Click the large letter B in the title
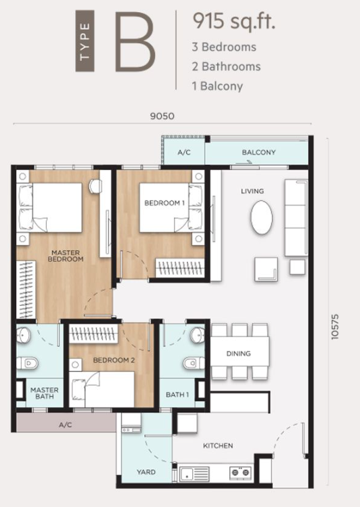point(135,42)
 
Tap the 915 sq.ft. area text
point(234,21)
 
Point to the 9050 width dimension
point(162,116)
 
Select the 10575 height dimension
point(334,327)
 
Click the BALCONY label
point(258,152)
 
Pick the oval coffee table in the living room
point(261,217)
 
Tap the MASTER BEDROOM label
point(66,256)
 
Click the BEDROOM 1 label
point(164,203)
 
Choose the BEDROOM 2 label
point(114,360)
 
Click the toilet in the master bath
point(28,363)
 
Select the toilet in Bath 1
point(194,363)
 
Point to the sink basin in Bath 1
point(197,335)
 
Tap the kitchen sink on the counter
point(194,474)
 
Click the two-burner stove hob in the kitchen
point(240,472)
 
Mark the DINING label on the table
point(238,353)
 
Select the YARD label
point(145,472)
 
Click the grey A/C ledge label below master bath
point(65,425)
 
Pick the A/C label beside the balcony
point(184,152)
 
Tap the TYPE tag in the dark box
point(85,41)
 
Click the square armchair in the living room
point(266,269)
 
